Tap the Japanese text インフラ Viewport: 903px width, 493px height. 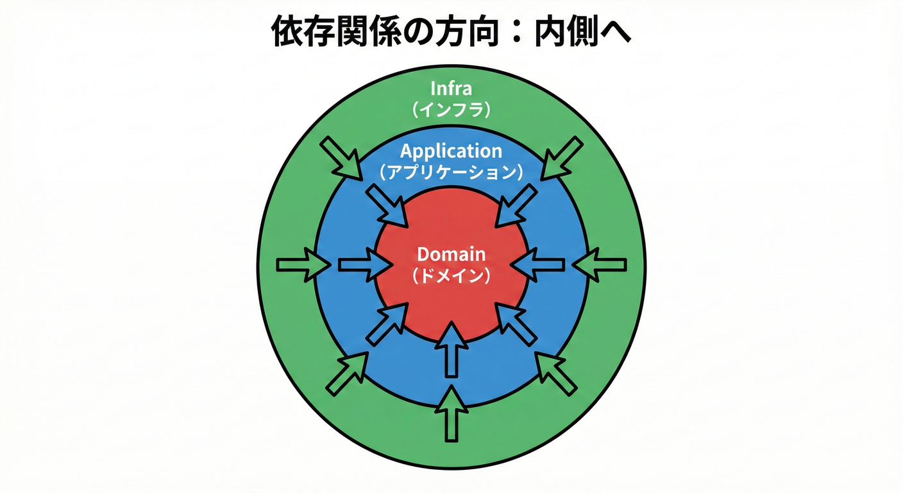tap(451, 109)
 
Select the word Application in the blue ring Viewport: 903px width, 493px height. tap(451, 151)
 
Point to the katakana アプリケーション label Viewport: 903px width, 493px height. tap(451, 173)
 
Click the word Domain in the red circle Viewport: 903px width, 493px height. tap(451, 254)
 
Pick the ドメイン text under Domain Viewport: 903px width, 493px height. tap(451, 276)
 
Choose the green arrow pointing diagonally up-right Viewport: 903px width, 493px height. tap(347, 374)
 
